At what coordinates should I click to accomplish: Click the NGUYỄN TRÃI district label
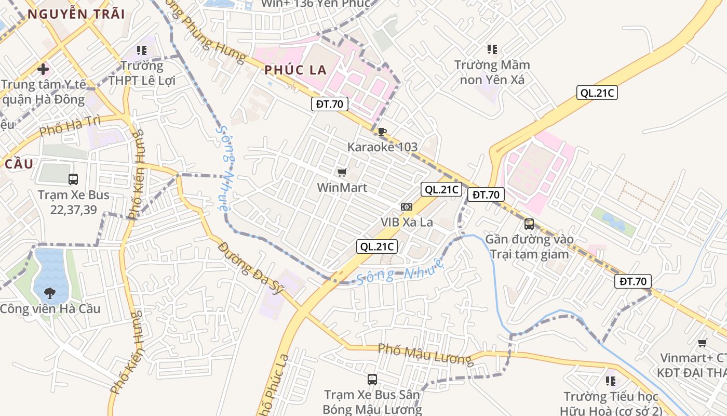[76, 14]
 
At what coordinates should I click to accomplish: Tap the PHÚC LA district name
[295, 70]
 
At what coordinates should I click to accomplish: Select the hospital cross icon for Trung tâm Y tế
[43, 69]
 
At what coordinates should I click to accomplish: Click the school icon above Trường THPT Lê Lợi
[142, 50]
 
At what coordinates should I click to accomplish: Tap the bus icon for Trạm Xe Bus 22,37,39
[73, 179]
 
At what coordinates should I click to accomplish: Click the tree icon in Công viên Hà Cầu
[50, 293]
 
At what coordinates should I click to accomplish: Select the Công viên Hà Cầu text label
[50, 309]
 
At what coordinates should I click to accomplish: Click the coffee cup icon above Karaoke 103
[382, 132]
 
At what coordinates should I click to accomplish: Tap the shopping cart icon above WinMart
[342, 172]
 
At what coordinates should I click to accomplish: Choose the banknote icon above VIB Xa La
[407, 207]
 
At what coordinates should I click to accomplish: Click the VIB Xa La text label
[407, 222]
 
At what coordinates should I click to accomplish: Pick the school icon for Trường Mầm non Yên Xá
[492, 49]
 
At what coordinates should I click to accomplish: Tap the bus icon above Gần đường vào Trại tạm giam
[529, 224]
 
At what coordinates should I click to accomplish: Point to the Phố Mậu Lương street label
[425, 354]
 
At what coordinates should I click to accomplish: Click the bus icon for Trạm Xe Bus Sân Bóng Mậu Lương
[372, 380]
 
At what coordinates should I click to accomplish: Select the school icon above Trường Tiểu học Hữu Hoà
[611, 381]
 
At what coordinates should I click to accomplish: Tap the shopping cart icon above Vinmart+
[703, 343]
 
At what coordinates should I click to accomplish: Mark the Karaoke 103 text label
[382, 147]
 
